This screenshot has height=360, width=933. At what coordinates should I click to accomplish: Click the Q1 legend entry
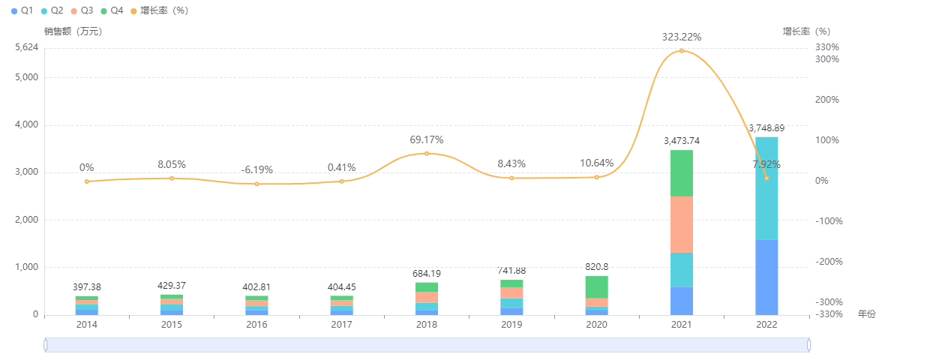coord(22,10)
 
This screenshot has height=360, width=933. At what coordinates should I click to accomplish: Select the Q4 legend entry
coord(112,10)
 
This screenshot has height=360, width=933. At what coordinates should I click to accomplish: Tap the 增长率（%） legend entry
coord(159,10)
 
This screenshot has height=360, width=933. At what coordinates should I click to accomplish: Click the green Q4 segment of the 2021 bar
coord(681,173)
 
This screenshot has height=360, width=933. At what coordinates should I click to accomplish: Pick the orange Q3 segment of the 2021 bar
coord(681,224)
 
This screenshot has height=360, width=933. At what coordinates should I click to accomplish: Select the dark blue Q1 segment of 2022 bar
coord(766,277)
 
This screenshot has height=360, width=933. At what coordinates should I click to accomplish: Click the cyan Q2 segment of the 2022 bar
coord(766,188)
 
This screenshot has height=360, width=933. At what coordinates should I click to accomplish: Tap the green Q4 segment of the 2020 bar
coord(596,286)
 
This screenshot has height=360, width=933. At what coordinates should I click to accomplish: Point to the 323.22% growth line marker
coord(682,51)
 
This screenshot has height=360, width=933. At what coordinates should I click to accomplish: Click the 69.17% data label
coord(427,139)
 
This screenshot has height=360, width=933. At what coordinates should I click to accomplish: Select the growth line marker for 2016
coord(256,184)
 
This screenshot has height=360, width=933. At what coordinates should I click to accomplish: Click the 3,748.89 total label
coord(766,128)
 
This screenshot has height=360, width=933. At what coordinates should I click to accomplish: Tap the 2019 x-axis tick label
coord(511,325)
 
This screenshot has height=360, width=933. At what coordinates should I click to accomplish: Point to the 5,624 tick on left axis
coord(26,47)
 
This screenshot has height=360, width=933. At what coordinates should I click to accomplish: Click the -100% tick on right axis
coord(827,221)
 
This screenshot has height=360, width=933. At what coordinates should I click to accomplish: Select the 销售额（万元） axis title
coord(73,31)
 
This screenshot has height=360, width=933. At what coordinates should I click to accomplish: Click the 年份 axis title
coord(866,314)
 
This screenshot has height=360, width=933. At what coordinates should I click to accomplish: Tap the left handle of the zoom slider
coord(46,345)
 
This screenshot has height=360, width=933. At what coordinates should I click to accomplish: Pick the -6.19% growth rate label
coord(256,169)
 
